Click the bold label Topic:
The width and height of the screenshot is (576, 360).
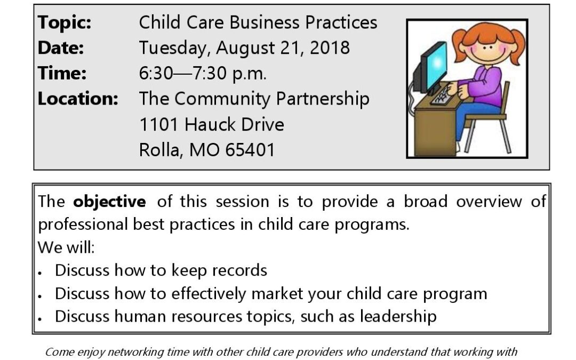pos(65,23)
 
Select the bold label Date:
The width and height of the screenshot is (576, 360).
pos(61,48)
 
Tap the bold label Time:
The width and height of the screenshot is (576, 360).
pos(62,73)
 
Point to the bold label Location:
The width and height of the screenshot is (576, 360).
pos(78,99)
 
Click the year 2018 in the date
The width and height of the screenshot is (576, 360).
pos(330,48)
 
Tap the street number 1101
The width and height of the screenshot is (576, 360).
pos(159,124)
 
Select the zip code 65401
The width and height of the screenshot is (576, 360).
pos(250,150)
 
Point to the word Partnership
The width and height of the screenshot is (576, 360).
pos(323,100)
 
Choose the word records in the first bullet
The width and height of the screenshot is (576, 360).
pos(239,270)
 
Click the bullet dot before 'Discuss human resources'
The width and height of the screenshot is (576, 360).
pos(39,319)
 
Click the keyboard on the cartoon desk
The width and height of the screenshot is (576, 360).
pos(441,95)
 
